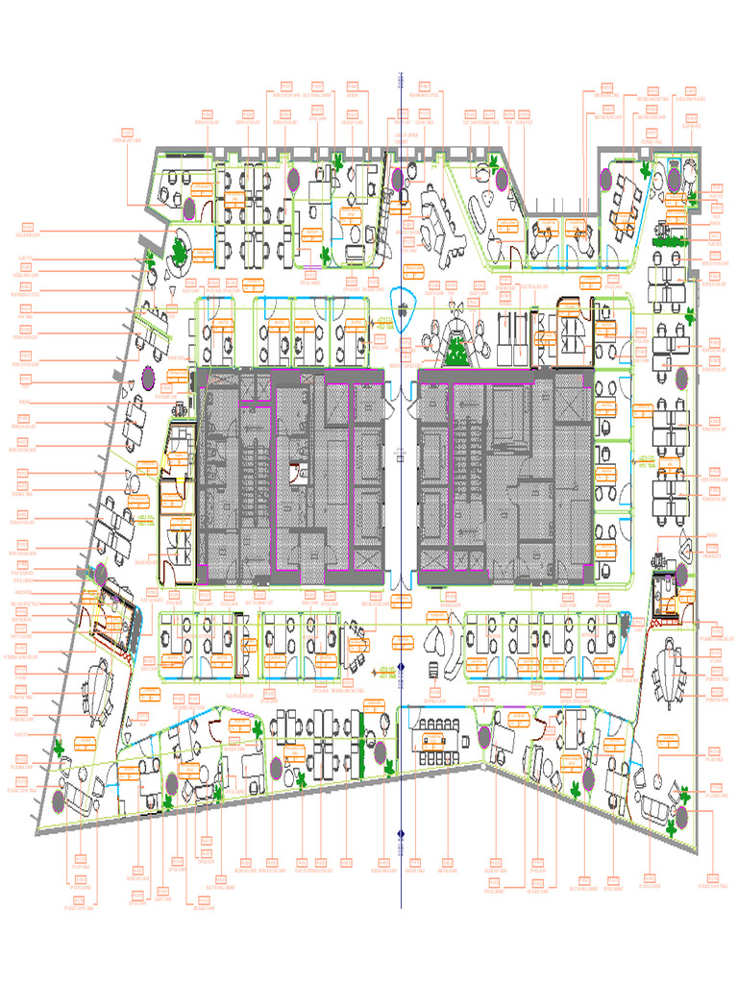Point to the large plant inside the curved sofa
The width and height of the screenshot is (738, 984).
[179, 252]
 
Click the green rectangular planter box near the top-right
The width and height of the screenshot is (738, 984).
[670, 244]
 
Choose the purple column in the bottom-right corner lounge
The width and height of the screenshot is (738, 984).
[681, 817]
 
